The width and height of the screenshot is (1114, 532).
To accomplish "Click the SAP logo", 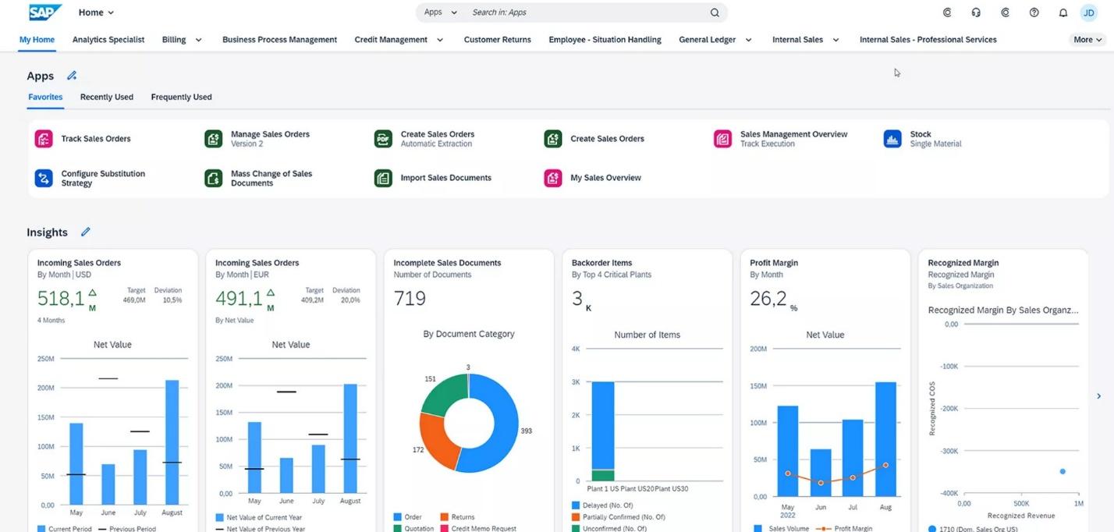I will [x=45, y=12].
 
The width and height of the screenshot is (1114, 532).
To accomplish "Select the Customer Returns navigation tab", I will [x=497, y=40].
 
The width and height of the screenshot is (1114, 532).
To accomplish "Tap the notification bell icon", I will [x=1063, y=12].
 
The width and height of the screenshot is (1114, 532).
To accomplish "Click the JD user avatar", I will [x=1088, y=12].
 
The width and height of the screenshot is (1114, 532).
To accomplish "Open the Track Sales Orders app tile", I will [x=95, y=139].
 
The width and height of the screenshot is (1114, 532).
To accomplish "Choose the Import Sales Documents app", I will [x=445, y=178].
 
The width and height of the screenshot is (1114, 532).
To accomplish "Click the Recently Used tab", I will [x=106, y=98].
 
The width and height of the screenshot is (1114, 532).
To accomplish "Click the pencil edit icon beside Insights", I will [x=86, y=232].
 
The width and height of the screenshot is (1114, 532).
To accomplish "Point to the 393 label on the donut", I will [x=526, y=431].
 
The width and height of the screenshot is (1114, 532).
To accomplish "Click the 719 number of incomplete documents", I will [x=410, y=298].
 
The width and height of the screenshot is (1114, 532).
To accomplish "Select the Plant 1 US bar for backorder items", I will [x=602, y=429].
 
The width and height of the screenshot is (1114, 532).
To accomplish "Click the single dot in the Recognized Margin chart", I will [x=1062, y=471].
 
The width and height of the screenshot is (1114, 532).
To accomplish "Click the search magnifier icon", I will [x=715, y=12].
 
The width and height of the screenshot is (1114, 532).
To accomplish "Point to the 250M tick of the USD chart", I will [x=46, y=359].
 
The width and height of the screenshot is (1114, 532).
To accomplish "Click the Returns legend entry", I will [x=463, y=517].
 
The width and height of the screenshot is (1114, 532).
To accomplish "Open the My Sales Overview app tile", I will [x=605, y=178].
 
